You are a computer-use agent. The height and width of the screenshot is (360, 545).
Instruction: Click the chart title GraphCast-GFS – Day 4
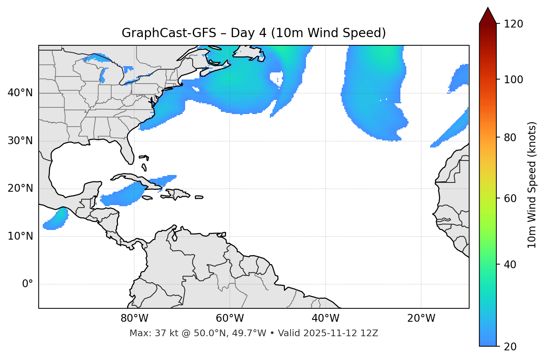pyautogui.click(x=254, y=33)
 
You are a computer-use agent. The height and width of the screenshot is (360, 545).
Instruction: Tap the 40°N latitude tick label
pyautogui.click(x=20, y=93)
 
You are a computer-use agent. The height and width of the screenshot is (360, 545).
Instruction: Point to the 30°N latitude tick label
pyautogui.click(x=20, y=141)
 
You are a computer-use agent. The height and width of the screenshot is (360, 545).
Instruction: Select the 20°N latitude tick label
pyautogui.click(x=20, y=188)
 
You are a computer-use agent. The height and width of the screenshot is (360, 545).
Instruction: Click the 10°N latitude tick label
pyautogui.click(x=20, y=236)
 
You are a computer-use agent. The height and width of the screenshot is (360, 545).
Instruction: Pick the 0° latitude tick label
pyautogui.click(x=28, y=284)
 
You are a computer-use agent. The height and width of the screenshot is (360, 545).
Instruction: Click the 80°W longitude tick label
pyautogui.click(x=134, y=318)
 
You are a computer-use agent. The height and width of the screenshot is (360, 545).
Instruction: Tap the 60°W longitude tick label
pyautogui.click(x=230, y=318)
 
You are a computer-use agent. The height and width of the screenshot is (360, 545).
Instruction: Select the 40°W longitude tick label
pyautogui.click(x=325, y=318)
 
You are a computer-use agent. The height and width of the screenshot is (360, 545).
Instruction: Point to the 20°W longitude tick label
pyautogui.click(x=421, y=318)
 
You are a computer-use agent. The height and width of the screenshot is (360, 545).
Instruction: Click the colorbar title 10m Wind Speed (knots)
pyautogui.click(x=532, y=185)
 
